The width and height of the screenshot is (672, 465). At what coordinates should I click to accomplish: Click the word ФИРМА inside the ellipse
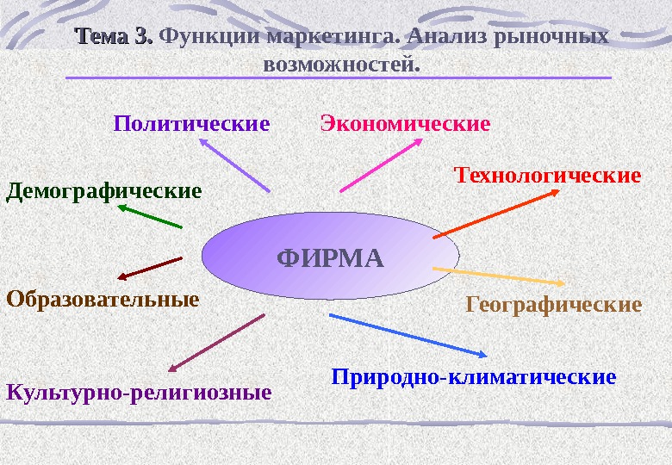pyautogui.click(x=330, y=257)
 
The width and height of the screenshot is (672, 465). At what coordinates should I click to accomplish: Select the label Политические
pyautogui.click(x=191, y=124)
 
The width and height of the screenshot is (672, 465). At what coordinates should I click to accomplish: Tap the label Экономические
pyautogui.click(x=405, y=124)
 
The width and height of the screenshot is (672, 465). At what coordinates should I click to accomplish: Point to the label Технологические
pyautogui.click(x=547, y=176)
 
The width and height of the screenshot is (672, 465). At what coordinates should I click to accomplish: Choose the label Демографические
pyautogui.click(x=104, y=189)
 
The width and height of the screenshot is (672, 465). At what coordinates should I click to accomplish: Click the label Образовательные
pyautogui.click(x=103, y=300)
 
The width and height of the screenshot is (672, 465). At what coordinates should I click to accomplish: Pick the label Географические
pyautogui.click(x=554, y=305)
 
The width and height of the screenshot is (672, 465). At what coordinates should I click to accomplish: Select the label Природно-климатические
pyautogui.click(x=474, y=377)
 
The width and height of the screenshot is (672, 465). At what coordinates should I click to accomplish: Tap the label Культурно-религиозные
pyautogui.click(x=139, y=394)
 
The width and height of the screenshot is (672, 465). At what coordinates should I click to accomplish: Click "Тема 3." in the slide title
pyautogui.click(x=114, y=37)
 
